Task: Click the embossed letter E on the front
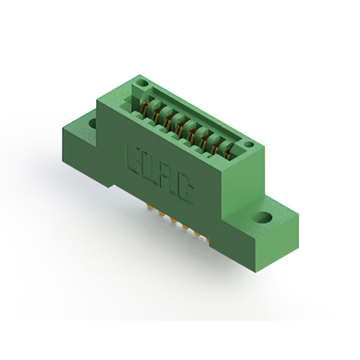point(134,157)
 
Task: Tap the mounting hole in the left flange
point(92,124)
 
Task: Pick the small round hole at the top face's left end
point(142,83)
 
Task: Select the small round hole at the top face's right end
point(248,145)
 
